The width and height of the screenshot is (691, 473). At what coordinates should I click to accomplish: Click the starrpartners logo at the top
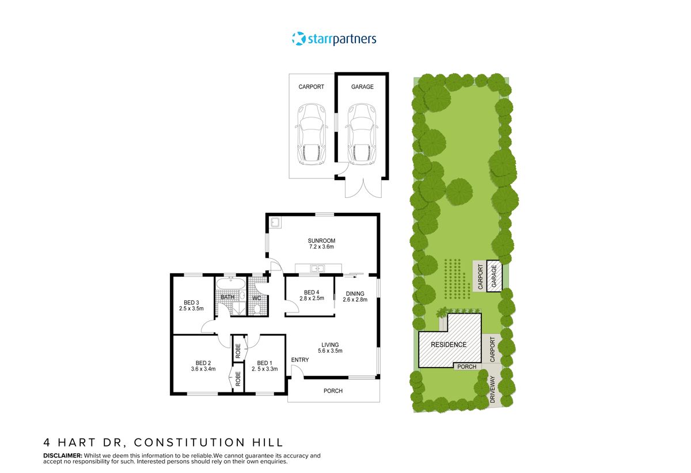tap(334, 39)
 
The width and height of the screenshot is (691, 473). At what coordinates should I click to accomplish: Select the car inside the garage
tap(361, 133)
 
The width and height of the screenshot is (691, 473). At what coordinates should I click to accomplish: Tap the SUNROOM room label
tap(321, 241)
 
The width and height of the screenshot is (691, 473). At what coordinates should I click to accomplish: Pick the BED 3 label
tap(191, 303)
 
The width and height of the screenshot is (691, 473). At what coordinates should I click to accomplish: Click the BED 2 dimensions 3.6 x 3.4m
tap(203, 369)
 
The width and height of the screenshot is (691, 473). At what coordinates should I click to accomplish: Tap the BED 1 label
tap(264, 363)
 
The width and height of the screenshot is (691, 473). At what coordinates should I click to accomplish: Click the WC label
tap(257, 297)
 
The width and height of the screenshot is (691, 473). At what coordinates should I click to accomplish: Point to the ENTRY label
tap(300, 360)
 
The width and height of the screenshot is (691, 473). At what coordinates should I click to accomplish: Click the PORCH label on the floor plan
tap(333, 391)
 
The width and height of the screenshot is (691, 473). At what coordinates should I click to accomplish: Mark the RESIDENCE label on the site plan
tap(449, 345)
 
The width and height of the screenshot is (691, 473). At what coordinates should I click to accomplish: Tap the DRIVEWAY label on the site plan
tap(492, 390)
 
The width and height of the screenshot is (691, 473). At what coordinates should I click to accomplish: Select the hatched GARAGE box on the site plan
tap(493, 276)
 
